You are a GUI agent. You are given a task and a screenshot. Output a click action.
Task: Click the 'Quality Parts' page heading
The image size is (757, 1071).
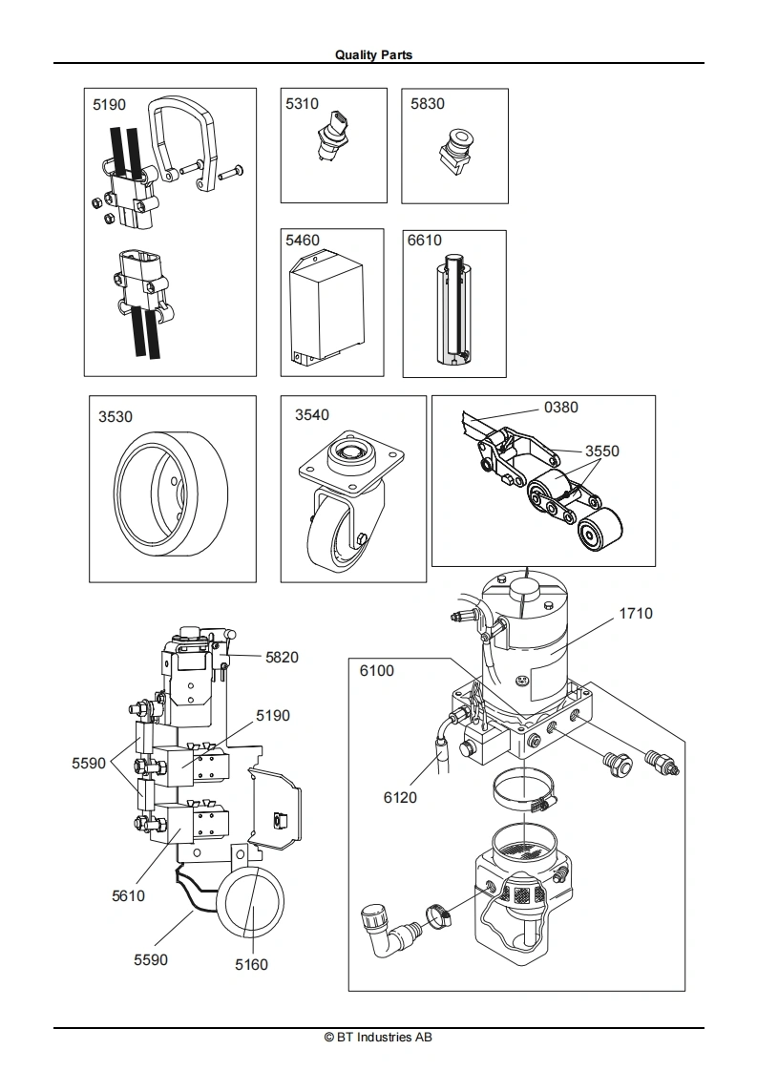(373, 54)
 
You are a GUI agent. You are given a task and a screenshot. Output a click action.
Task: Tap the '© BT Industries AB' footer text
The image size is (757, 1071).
(378, 1037)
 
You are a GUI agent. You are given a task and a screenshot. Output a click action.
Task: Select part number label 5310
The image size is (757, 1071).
(302, 103)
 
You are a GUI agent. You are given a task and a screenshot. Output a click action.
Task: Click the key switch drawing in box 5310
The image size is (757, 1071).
(326, 136)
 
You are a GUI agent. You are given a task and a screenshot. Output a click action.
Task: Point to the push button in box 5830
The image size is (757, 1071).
(453, 149)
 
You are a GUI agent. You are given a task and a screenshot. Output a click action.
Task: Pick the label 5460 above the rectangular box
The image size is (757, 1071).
(303, 240)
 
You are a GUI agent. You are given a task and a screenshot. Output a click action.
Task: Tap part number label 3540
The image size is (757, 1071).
(312, 414)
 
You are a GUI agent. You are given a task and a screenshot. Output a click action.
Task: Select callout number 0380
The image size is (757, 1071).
(561, 407)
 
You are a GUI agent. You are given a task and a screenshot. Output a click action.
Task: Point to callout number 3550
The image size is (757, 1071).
(602, 451)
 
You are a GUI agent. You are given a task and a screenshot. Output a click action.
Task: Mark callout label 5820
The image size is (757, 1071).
(283, 657)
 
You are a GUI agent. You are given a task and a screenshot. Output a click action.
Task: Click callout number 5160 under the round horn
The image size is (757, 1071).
(251, 964)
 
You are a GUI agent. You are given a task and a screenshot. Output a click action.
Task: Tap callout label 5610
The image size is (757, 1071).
(129, 895)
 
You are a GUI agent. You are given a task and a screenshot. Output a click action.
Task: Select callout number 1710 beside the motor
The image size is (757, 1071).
(636, 614)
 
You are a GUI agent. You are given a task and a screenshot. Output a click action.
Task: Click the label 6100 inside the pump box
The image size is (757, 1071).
(377, 671)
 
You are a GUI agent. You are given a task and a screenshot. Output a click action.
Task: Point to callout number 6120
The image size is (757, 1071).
(400, 797)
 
